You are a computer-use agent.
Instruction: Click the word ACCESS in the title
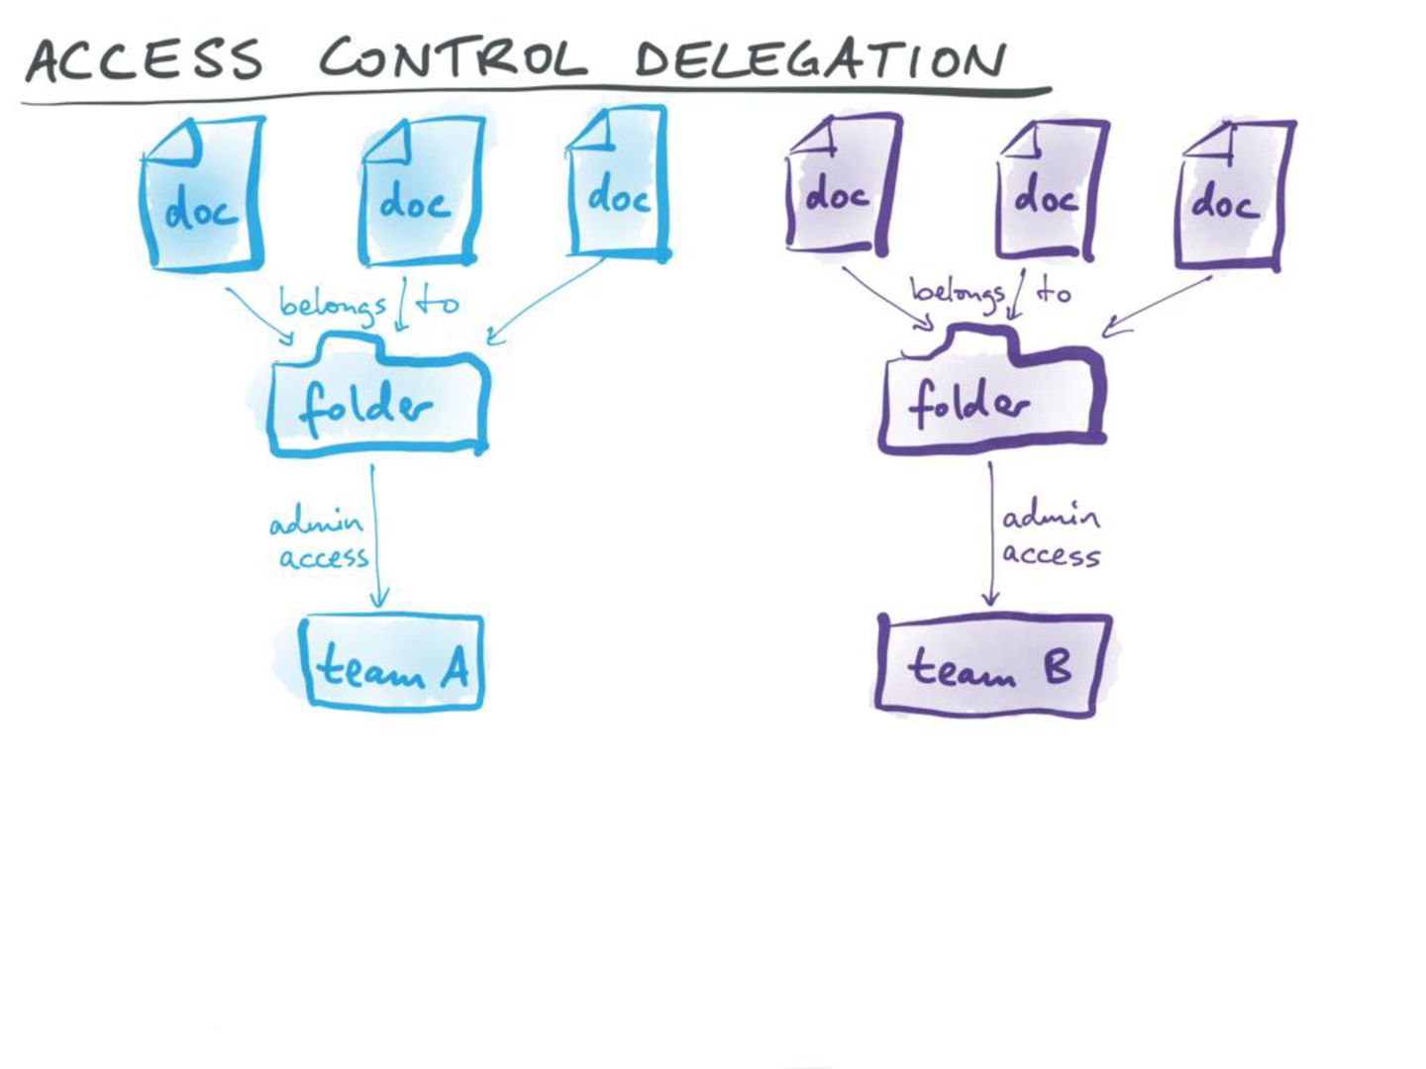tap(145, 60)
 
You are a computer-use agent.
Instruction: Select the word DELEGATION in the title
tap(820, 59)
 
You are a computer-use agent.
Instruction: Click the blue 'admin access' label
tap(319, 539)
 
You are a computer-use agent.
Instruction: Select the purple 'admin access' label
tap(1051, 535)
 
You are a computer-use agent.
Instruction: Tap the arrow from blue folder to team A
tap(374, 534)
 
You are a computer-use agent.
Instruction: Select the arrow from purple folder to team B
tap(990, 534)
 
